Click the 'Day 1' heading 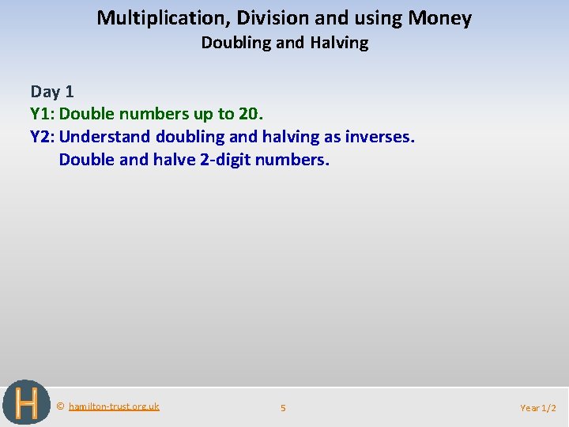coord(52,92)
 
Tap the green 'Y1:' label coord(43,115)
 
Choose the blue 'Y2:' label coord(43,138)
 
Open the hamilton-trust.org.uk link coord(114,406)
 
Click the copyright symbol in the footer coord(61,406)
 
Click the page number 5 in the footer coord(283,408)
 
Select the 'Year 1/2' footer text coord(538,408)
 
